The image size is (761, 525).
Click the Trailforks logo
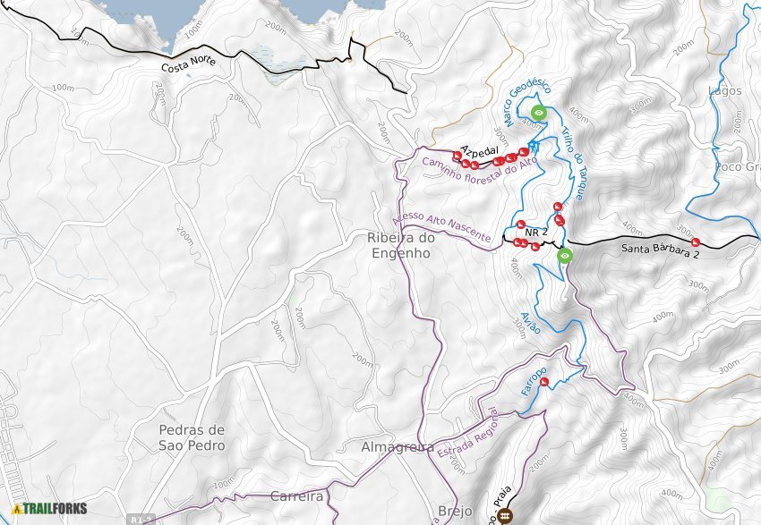click(x=50, y=509)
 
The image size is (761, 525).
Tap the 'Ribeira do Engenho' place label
click(x=399, y=246)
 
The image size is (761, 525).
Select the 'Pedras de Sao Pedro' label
click(x=177, y=436)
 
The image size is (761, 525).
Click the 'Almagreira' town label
click(x=397, y=446)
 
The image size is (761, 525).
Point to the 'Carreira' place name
click(x=295, y=495)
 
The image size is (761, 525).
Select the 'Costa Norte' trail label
click(x=190, y=65)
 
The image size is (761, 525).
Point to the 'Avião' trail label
click(x=530, y=323)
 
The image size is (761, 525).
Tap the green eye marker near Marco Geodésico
click(x=539, y=112)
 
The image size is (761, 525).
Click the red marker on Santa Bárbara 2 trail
click(x=696, y=242)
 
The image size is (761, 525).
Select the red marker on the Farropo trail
click(x=544, y=382)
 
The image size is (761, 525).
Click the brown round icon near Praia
click(x=505, y=514)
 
